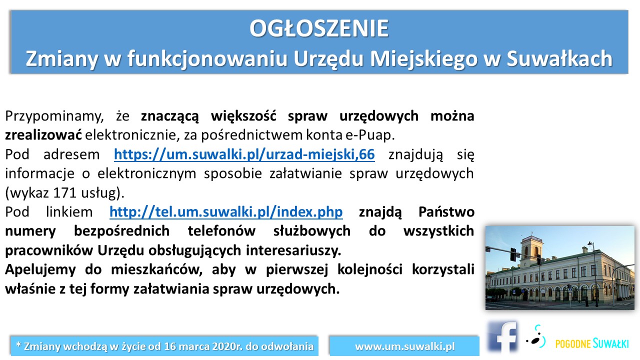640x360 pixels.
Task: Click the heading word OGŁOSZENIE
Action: tap(319, 28)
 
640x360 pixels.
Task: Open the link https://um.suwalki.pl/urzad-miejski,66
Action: tap(244, 154)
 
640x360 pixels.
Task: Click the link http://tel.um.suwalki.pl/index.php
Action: tap(226, 212)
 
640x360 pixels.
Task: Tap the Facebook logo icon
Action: tap(502, 337)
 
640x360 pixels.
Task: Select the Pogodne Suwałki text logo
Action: tap(592, 343)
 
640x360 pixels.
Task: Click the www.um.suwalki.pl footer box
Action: tap(404, 346)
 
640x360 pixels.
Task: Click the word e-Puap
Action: tap(370, 135)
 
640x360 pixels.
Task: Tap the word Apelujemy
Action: tap(40, 270)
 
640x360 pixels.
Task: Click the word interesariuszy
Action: tap(293, 250)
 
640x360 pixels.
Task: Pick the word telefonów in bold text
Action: tap(221, 231)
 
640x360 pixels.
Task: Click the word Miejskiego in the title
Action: tap(423, 59)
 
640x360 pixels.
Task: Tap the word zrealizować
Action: tap(43, 135)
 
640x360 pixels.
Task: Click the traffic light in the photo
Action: tap(513, 254)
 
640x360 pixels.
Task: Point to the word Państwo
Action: tap(446, 212)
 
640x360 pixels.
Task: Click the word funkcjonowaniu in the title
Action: tap(207, 59)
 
